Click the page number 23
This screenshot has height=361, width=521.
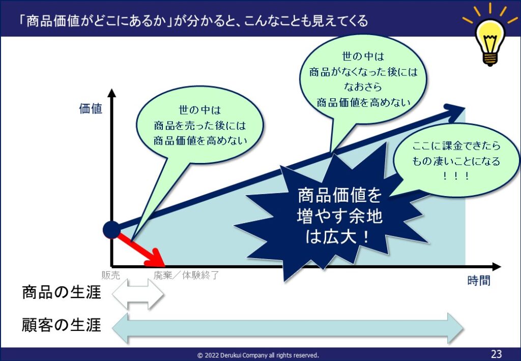[x=496, y=354]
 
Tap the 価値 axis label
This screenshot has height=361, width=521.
[x=91, y=108]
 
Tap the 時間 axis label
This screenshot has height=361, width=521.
[x=478, y=281]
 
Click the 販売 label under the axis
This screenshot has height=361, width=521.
[x=110, y=275]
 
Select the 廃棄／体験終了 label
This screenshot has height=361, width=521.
[x=186, y=275]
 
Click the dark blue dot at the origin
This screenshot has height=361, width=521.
[x=111, y=230]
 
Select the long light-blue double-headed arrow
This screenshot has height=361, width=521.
[x=288, y=328]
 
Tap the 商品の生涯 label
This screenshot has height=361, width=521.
[x=62, y=293]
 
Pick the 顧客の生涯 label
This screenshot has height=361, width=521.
[x=62, y=325]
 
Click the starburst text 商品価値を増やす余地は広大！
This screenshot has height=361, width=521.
[x=339, y=216]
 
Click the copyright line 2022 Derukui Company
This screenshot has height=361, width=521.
[x=258, y=355]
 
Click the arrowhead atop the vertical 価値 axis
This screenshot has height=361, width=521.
[x=112, y=93]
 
